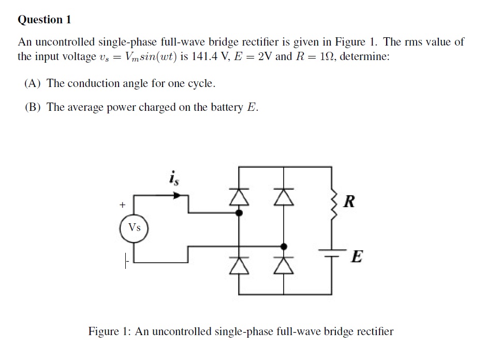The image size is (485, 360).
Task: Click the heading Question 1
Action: pyautogui.click(x=44, y=20)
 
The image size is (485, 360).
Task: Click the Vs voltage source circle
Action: pyautogui.click(x=134, y=227)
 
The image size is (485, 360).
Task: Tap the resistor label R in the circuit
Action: pyautogui.click(x=349, y=202)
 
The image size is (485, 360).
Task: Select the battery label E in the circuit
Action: pyautogui.click(x=356, y=256)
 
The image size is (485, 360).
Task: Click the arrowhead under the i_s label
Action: pyautogui.click(x=177, y=196)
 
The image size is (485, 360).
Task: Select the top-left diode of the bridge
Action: pyautogui.click(x=239, y=196)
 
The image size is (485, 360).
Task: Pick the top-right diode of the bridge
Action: pyautogui.click(x=283, y=196)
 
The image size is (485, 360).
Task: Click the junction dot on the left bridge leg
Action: pyautogui.click(x=239, y=212)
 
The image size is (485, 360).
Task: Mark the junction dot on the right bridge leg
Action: pyautogui.click(x=283, y=246)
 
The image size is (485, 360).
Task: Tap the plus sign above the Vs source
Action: pyautogui.click(x=123, y=205)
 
